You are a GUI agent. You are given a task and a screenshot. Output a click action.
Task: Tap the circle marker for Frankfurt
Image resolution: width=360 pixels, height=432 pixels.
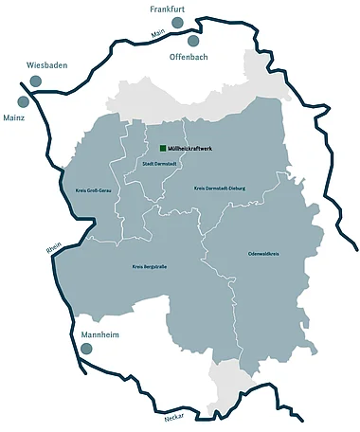click(x=171, y=26)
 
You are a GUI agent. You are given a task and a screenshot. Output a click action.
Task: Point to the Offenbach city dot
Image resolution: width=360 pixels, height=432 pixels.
click(x=193, y=41)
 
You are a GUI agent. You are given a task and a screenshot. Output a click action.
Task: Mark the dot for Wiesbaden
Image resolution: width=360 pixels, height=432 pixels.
click(x=35, y=81)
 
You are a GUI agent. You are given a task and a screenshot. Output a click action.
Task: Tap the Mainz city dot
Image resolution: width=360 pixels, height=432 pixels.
click(x=24, y=101)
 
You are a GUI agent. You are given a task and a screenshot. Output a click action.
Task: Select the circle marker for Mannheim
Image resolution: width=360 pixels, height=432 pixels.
click(x=86, y=350)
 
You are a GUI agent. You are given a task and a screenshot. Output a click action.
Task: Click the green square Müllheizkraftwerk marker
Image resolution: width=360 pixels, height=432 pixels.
click(x=163, y=149)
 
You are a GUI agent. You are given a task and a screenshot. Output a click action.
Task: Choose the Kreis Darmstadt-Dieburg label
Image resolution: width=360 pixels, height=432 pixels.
click(x=219, y=188)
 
